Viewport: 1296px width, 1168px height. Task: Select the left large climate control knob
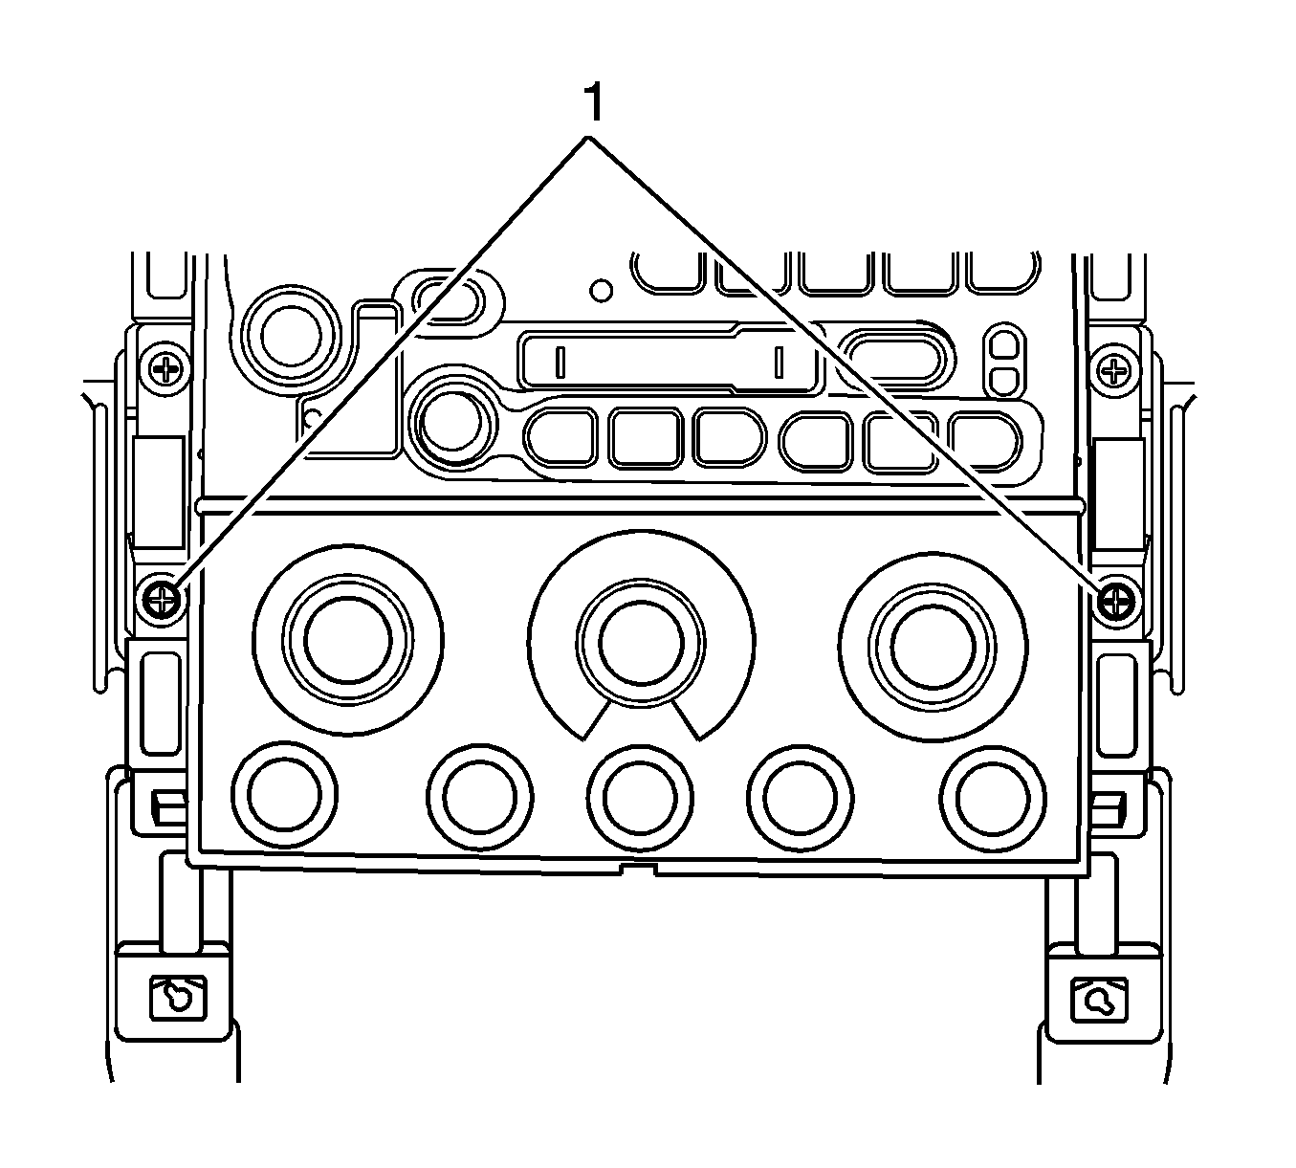coord(348,641)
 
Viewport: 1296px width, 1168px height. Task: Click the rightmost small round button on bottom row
coord(993,795)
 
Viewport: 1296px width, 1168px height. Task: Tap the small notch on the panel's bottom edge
coord(638,869)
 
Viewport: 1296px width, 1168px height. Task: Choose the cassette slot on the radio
coord(670,361)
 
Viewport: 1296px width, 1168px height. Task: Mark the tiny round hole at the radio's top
coord(601,287)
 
